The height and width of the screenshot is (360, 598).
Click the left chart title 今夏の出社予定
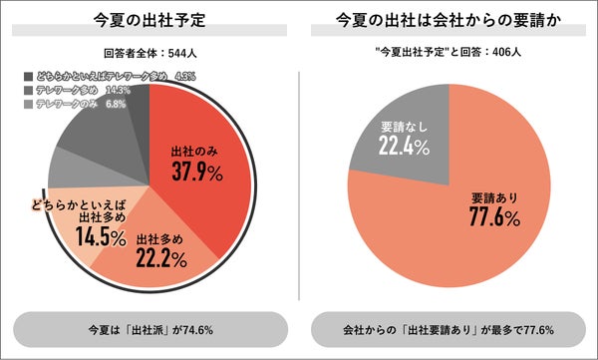click(x=149, y=19)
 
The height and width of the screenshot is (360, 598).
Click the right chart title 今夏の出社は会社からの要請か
click(x=448, y=19)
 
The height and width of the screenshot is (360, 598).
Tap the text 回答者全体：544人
click(x=149, y=54)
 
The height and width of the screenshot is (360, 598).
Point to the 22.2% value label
click(x=160, y=259)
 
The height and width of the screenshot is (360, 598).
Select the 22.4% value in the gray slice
click(x=403, y=147)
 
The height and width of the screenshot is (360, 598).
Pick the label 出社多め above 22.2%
click(x=160, y=240)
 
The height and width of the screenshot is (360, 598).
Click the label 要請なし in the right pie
click(x=403, y=128)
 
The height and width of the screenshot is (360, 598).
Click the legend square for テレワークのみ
click(x=27, y=104)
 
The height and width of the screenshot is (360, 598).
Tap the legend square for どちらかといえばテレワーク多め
click(x=27, y=75)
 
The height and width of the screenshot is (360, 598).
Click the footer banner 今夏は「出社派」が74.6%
click(x=149, y=328)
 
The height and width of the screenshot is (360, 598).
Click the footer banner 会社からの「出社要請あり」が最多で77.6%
click(x=448, y=328)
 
